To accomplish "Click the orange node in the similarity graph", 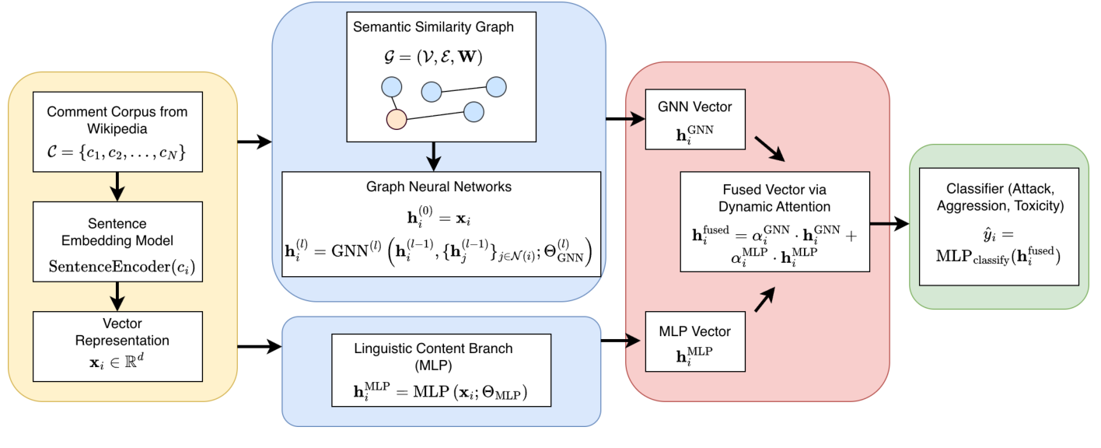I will (x=397, y=119).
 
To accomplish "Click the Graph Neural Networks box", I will (x=442, y=223).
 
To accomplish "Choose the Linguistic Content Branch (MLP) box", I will (x=441, y=370).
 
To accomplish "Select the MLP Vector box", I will (x=694, y=340).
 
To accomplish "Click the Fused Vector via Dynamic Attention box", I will (x=774, y=222).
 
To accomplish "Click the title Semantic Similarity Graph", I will (x=433, y=27).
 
